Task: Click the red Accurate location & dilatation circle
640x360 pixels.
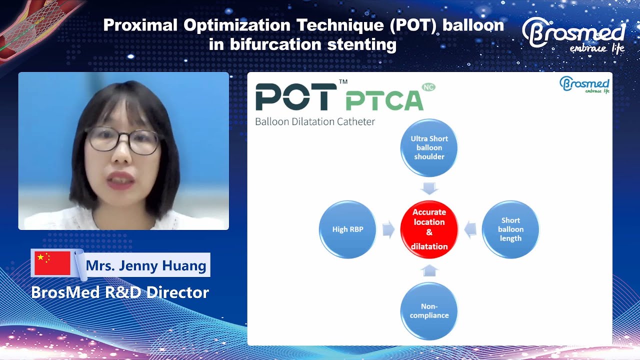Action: (x=429, y=229)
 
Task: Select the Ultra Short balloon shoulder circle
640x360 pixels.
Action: (x=429, y=147)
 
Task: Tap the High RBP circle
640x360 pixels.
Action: (x=347, y=229)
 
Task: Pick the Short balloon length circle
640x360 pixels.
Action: (x=510, y=229)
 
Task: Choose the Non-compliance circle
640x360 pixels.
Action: (x=429, y=311)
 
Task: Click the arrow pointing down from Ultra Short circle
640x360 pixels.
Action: (x=429, y=188)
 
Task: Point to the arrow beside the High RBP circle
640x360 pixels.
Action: (x=388, y=230)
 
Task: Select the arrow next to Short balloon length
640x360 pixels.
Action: (x=469, y=230)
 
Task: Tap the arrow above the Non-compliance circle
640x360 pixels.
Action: (x=429, y=270)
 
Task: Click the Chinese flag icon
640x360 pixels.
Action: (x=52, y=263)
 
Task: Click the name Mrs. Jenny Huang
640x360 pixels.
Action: (x=146, y=265)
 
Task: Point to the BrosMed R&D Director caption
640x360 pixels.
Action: (x=120, y=292)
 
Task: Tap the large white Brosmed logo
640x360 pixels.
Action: (x=573, y=35)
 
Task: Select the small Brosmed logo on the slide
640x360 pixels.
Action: (x=584, y=84)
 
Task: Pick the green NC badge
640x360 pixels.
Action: (x=428, y=87)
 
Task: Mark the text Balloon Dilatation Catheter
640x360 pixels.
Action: (x=315, y=121)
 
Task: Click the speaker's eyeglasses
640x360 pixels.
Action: (x=122, y=139)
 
